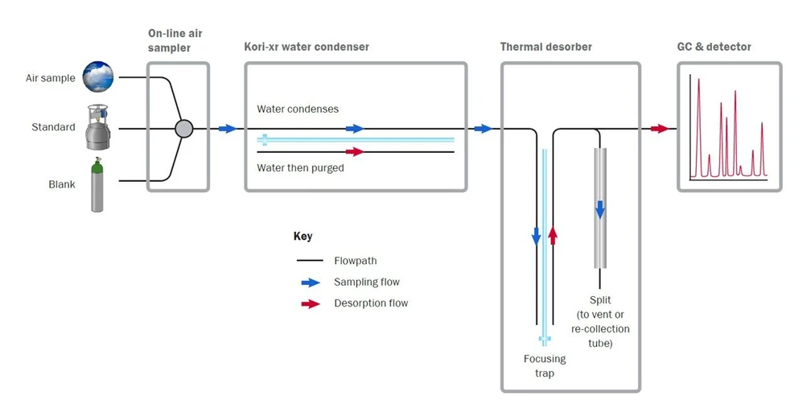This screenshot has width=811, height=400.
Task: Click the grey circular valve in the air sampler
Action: coord(184,128)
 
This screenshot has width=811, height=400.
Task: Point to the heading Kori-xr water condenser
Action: coord(307,47)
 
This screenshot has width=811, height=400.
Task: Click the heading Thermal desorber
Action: coord(545,47)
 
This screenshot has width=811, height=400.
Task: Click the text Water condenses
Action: coord(298,109)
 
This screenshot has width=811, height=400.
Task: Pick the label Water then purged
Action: coord(300,168)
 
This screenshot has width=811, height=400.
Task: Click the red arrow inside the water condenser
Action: coord(354,151)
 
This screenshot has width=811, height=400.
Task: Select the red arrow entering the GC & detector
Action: coord(660,129)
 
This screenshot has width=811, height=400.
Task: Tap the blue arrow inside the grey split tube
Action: coord(599,209)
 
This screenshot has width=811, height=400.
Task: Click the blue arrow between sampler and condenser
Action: coord(227,129)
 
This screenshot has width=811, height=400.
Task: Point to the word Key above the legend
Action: coord(303,237)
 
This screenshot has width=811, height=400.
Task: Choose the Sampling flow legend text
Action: coord(366,282)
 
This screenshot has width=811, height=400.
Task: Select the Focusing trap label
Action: coord(545,365)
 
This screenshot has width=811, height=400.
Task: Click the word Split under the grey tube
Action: coord(600,300)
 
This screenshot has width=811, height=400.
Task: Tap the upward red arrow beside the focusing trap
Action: coord(552,235)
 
